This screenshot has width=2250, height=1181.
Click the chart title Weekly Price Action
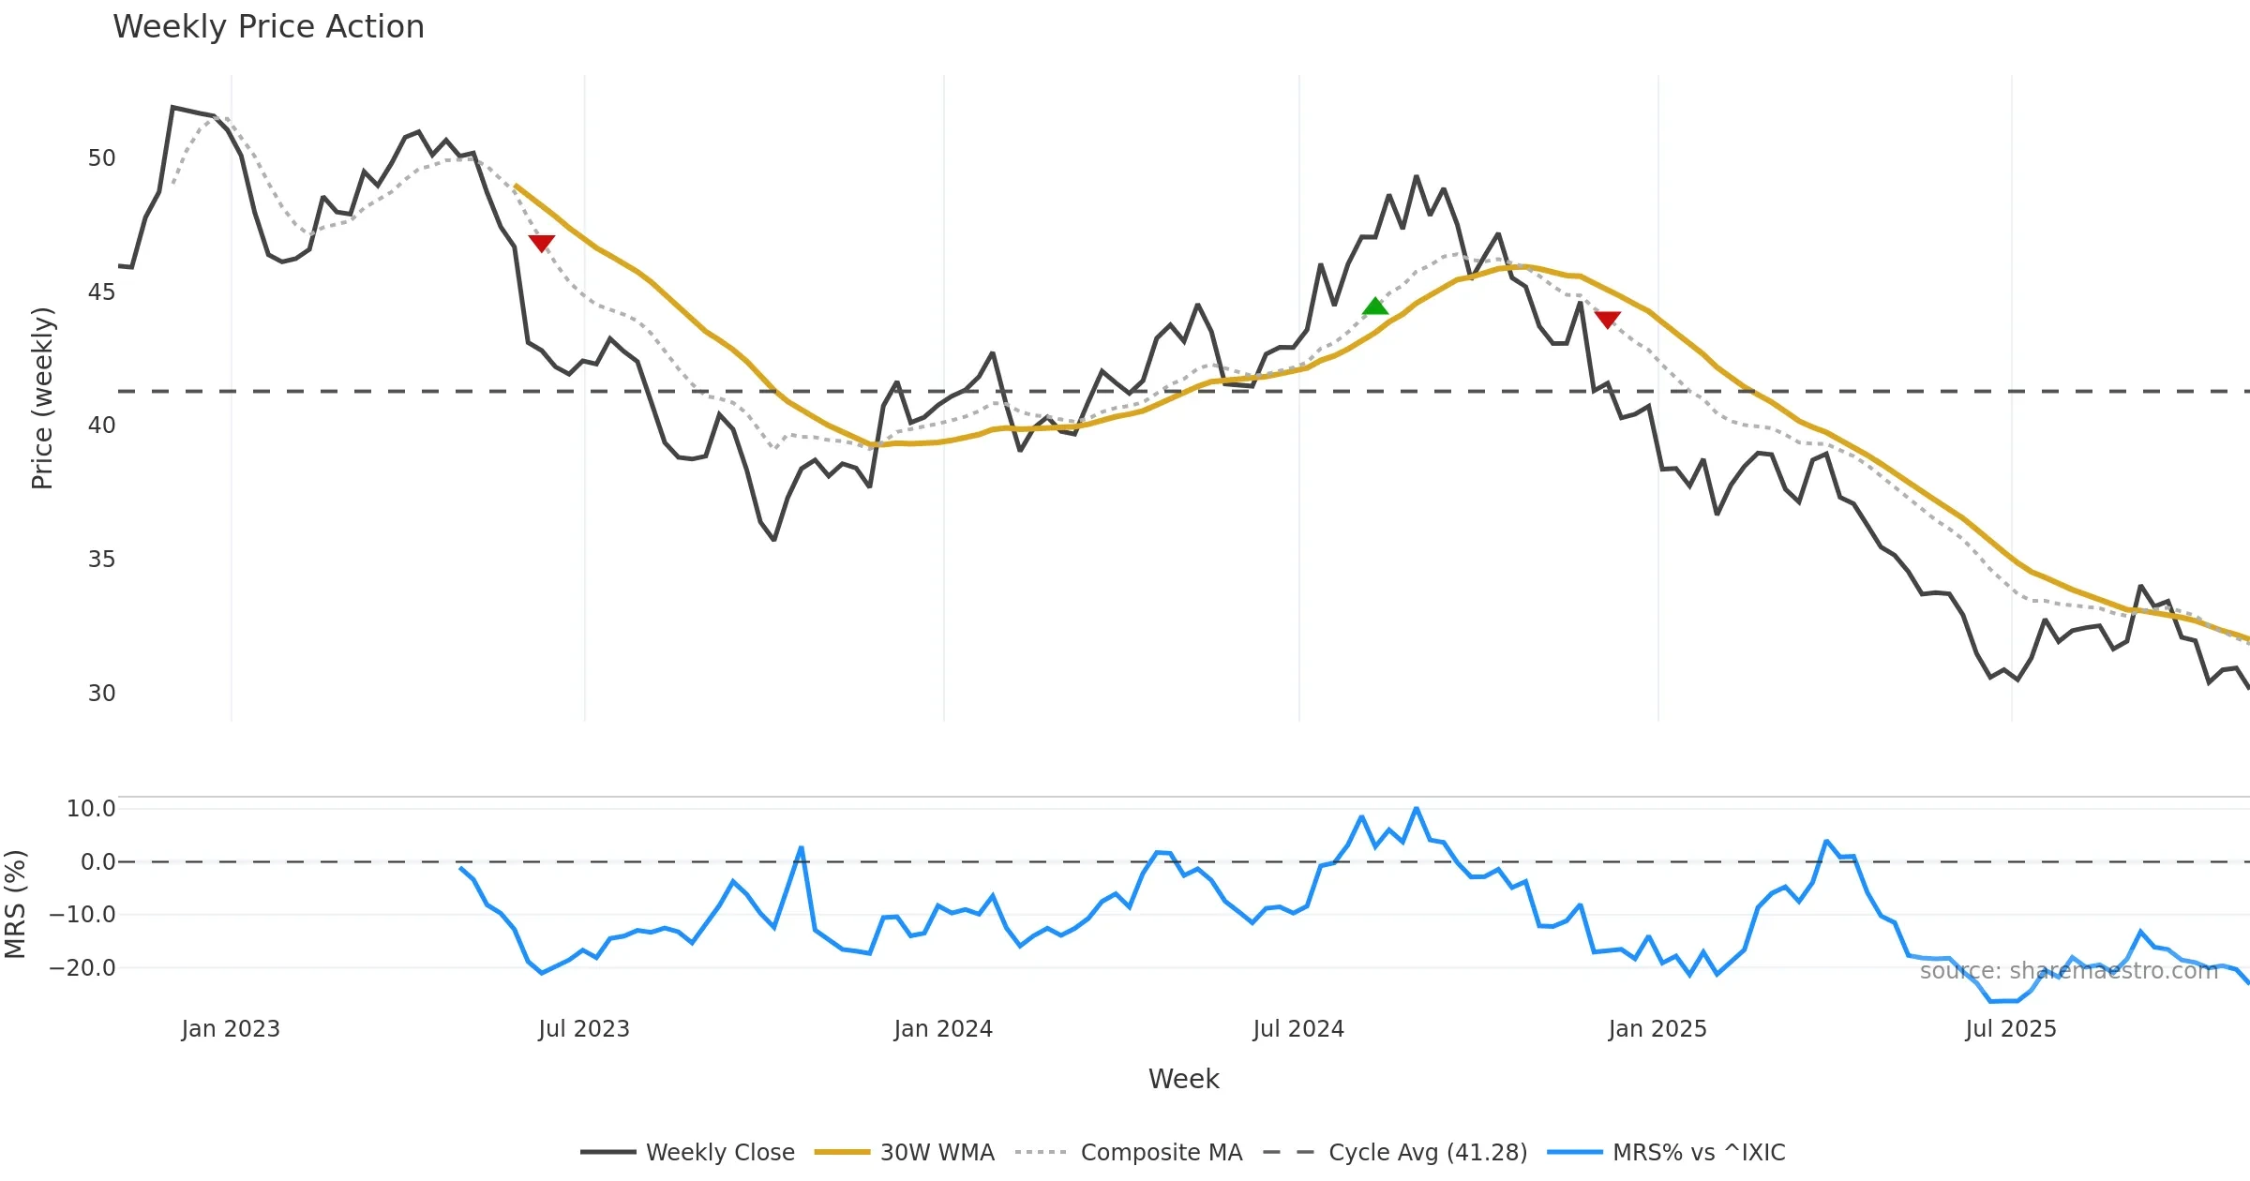pos(268,27)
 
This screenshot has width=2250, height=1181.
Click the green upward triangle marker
pos(1375,306)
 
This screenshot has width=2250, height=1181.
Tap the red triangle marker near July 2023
pos(542,244)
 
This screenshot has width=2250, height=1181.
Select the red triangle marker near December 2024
pos(1608,320)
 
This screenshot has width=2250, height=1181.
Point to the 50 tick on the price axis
pos(101,158)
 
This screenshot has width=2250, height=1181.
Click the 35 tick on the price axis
pos(101,560)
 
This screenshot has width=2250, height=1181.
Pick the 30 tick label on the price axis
pos(101,694)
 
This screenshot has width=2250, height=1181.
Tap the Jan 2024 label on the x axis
pos(943,1029)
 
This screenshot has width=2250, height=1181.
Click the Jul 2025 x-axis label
pos(2011,1029)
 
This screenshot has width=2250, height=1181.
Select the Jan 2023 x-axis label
pos(231,1029)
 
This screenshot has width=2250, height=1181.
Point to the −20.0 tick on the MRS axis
pos(82,968)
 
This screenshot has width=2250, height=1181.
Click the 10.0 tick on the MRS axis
pos(90,809)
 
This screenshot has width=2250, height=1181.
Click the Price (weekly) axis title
pos(42,398)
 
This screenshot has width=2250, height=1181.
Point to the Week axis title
pos(1183,1080)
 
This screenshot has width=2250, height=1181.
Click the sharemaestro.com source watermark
pos(2068,971)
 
